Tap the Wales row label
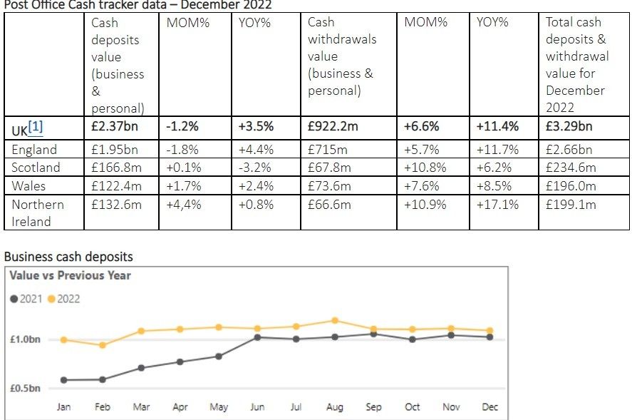click(x=29, y=186)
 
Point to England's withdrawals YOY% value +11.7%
click(x=497, y=150)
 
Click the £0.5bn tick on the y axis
click(x=25, y=389)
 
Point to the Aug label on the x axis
click(x=334, y=407)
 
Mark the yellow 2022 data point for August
click(x=335, y=320)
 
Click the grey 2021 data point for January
click(x=64, y=380)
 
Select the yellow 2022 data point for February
click(x=103, y=345)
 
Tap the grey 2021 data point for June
click(x=257, y=337)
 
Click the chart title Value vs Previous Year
click(x=70, y=276)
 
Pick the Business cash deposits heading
click(x=68, y=257)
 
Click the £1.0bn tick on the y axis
click(x=25, y=340)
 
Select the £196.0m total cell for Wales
click(x=570, y=186)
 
